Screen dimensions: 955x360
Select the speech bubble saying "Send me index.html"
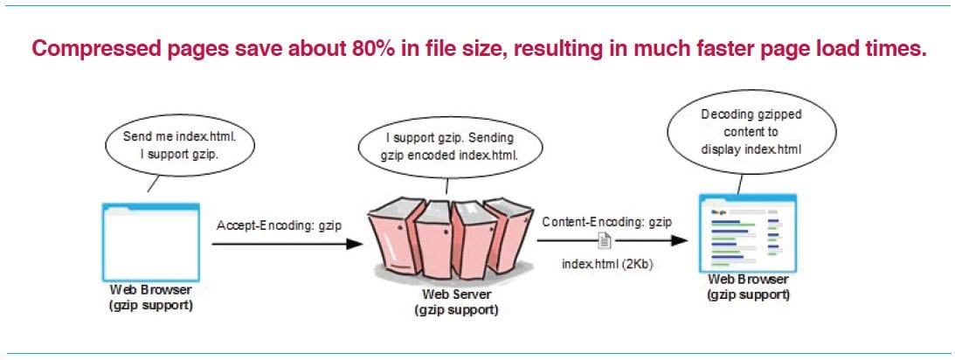coord(179,145)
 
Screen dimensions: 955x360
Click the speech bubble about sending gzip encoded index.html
coord(449,147)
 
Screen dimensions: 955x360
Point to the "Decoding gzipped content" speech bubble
coord(751,132)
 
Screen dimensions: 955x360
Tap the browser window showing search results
coord(748,232)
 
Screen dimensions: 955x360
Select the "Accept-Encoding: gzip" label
coord(279,225)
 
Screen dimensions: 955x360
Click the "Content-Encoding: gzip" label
coord(607,222)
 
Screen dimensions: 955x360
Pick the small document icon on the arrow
coord(604,240)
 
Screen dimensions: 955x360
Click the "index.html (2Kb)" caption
coord(607,266)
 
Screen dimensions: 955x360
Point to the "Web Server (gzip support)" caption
coord(457,302)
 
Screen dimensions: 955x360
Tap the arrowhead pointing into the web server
coord(355,244)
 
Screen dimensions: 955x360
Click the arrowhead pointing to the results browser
coord(680,240)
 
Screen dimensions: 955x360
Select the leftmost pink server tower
coord(393,237)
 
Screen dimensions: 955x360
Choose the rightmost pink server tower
coord(509,233)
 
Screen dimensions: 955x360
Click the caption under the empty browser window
coord(151,297)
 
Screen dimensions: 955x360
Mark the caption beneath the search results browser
coord(748,287)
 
